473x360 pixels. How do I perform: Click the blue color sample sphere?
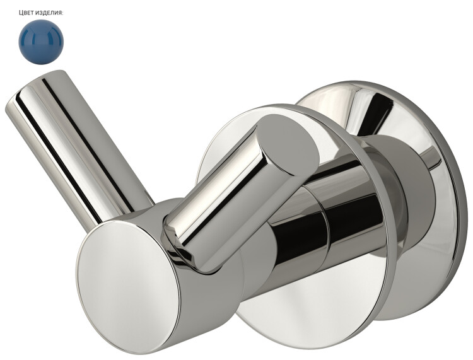(x=41, y=42)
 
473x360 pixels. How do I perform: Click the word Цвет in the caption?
(x=25, y=13)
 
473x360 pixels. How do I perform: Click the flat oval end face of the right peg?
(x=289, y=144)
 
